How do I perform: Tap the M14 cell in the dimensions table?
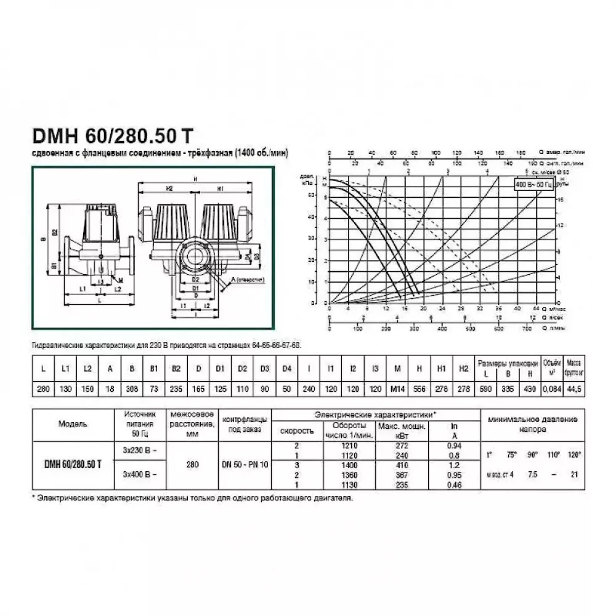[397, 390]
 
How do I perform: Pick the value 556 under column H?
[419, 390]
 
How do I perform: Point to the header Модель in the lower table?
[73, 424]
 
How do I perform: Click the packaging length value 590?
[487, 390]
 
